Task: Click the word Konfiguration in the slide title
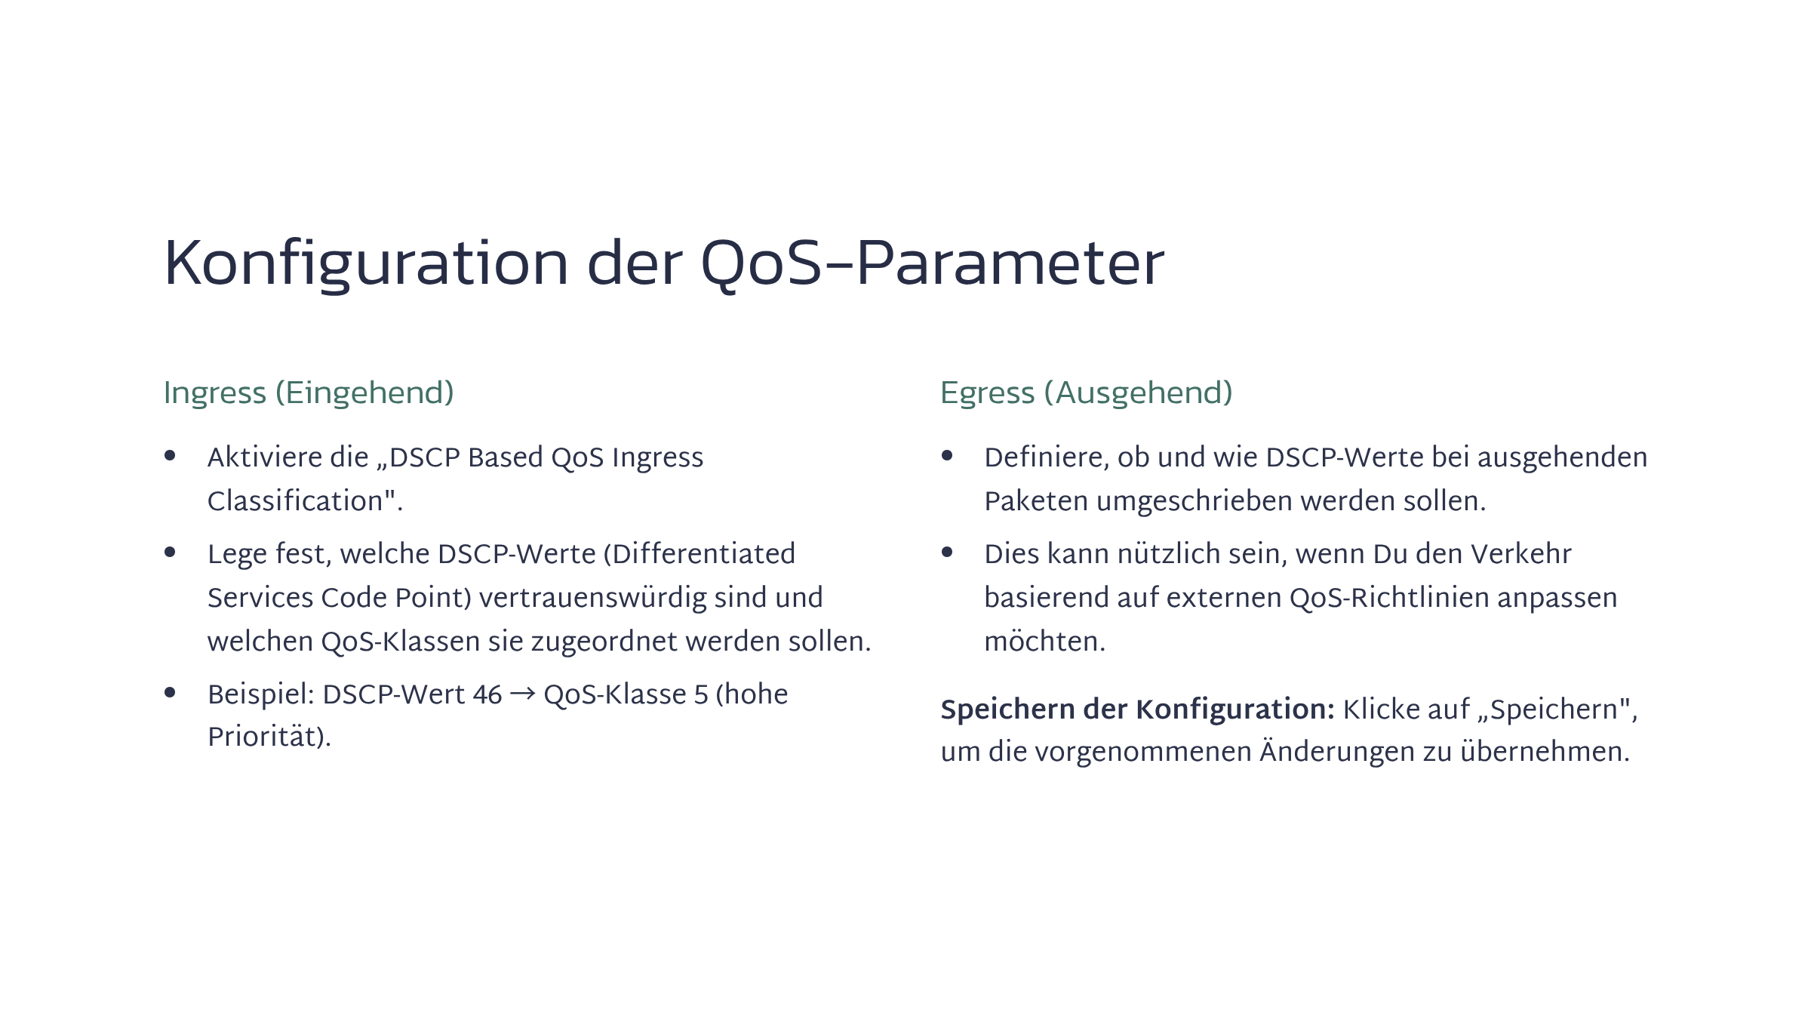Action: (x=366, y=264)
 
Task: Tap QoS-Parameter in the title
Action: (x=933, y=263)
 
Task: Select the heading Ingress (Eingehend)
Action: (x=309, y=393)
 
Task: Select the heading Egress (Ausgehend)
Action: (x=1086, y=393)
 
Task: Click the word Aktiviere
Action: (x=288, y=457)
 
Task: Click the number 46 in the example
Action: (x=487, y=694)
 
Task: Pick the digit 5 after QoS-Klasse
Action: (x=701, y=694)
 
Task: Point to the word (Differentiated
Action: (x=699, y=554)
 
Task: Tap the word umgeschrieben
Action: (x=1195, y=501)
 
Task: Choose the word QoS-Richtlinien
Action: (x=1389, y=598)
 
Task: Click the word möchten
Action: (x=1044, y=642)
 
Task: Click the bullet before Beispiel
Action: (x=170, y=692)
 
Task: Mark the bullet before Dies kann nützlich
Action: (x=947, y=552)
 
